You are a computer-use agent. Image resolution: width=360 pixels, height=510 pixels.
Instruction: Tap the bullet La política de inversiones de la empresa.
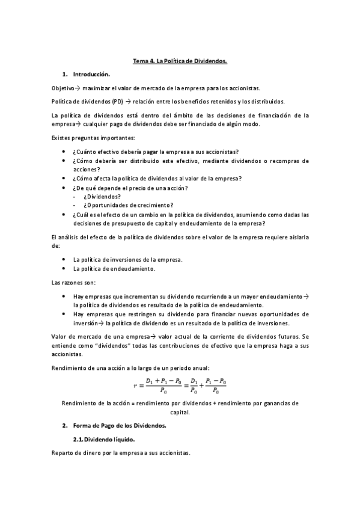pyautogui.click(x=127, y=260)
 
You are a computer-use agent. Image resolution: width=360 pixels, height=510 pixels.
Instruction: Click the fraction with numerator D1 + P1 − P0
pyautogui.click(x=165, y=385)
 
